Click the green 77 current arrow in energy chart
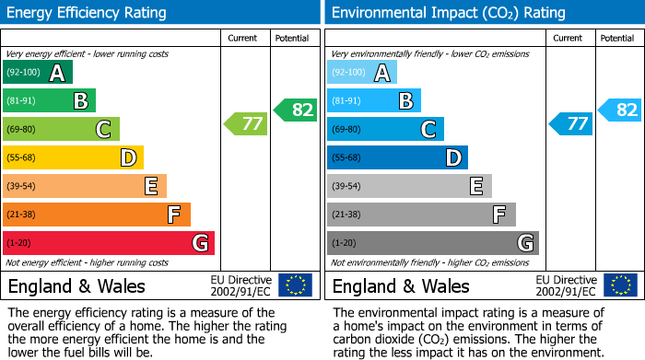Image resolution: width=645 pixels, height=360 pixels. [246, 123]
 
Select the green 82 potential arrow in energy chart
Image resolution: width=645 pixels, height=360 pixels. [296, 110]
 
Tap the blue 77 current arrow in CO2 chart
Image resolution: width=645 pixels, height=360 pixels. [571, 123]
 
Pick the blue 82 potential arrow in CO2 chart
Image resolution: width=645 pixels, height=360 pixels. [620, 110]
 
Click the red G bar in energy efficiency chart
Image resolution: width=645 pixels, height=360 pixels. [109, 243]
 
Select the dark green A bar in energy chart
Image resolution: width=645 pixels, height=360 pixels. [38, 73]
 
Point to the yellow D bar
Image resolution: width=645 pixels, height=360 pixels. [73, 157]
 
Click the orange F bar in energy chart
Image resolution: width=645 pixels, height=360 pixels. [97, 215]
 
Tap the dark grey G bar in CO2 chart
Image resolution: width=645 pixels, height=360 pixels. [433, 243]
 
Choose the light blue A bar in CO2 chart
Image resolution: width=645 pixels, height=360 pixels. [362, 73]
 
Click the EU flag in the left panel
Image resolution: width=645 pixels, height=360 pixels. [295, 285]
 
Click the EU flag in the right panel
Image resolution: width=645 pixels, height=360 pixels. [620, 285]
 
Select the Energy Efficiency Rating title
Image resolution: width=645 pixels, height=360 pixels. [88, 13]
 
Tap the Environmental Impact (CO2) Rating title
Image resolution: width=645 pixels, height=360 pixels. [448, 13]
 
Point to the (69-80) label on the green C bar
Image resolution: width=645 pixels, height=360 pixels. [22, 130]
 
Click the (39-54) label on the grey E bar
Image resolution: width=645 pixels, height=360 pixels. [346, 187]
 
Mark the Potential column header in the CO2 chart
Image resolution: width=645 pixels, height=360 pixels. [617, 38]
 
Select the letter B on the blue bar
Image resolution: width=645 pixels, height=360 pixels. [405, 101]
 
